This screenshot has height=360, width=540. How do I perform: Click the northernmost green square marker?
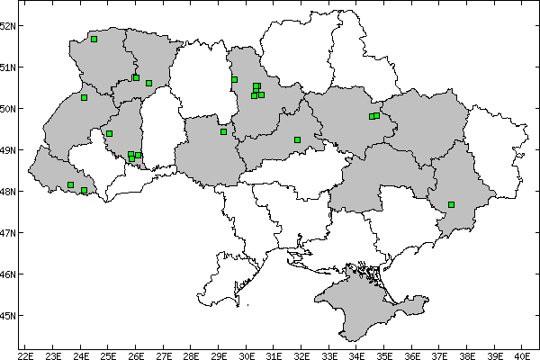click(94, 39)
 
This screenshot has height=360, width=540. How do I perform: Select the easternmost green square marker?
click(451, 204)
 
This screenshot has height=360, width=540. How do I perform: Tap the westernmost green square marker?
click(70, 184)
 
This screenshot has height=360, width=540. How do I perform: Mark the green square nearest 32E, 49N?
click(297, 139)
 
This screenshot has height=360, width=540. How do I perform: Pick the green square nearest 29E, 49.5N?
click(223, 131)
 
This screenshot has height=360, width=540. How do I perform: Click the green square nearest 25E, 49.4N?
click(109, 133)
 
